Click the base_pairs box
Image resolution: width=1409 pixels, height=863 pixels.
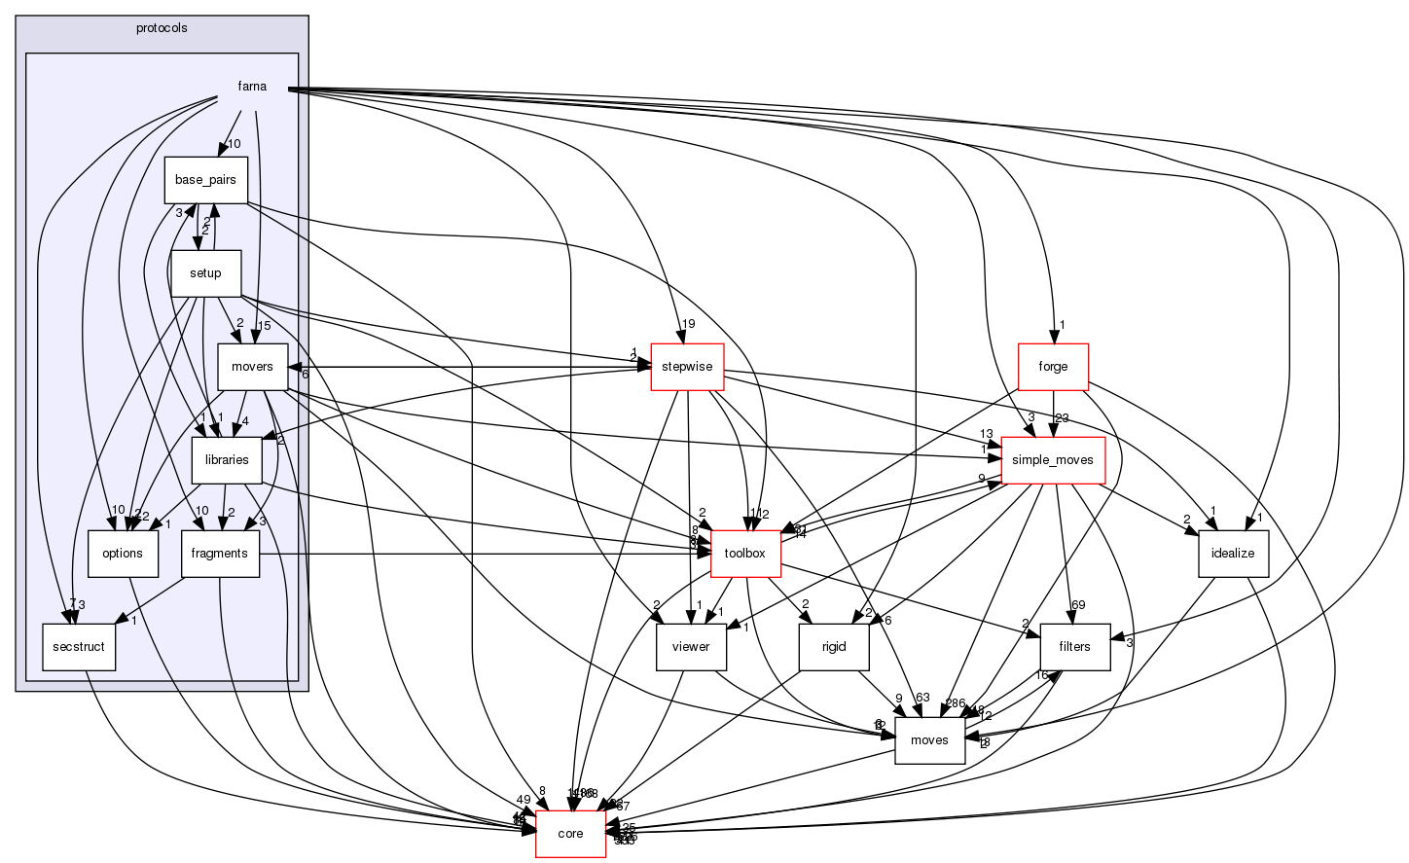click(x=206, y=180)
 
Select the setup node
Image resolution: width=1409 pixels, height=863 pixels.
click(x=205, y=273)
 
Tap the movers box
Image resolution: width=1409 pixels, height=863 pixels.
click(x=252, y=367)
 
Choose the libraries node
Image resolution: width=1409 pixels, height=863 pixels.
click(x=227, y=460)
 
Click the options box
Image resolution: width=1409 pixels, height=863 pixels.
click(x=123, y=554)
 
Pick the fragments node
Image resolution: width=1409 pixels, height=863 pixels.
click(x=220, y=554)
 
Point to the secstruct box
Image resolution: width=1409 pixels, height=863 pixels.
click(x=79, y=647)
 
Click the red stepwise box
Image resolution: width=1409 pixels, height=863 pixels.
click(x=687, y=367)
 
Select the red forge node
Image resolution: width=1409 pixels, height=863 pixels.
click(x=1053, y=367)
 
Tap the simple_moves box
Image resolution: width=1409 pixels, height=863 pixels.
click(x=1053, y=460)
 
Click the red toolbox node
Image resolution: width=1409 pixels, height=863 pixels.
click(x=745, y=554)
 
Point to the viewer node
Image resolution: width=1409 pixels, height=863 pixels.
click(x=691, y=647)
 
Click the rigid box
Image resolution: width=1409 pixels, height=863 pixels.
click(x=834, y=647)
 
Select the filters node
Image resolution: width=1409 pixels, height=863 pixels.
click(x=1075, y=647)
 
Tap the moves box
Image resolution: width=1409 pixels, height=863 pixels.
click(x=929, y=740)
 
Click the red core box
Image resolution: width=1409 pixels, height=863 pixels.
click(x=570, y=834)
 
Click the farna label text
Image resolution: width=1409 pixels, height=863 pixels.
click(x=252, y=87)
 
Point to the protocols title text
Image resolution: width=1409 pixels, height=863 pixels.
click(x=163, y=28)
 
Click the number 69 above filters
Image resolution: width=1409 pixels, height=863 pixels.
click(x=1078, y=606)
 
